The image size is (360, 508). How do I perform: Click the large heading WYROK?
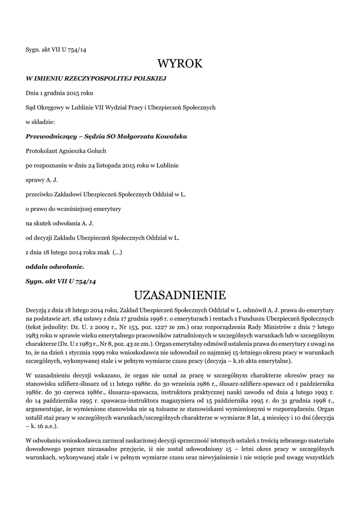pos(180,63)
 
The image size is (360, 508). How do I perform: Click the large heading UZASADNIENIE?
pos(180,296)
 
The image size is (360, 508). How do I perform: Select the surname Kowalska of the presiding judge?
pos(170,136)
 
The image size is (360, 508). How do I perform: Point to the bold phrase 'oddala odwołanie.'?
pos(55,266)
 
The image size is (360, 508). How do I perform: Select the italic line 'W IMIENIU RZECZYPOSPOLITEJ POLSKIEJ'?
pos(96,78)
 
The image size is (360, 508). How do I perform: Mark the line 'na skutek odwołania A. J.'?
pos(60,223)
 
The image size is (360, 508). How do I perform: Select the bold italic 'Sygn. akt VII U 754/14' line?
pos(61,281)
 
